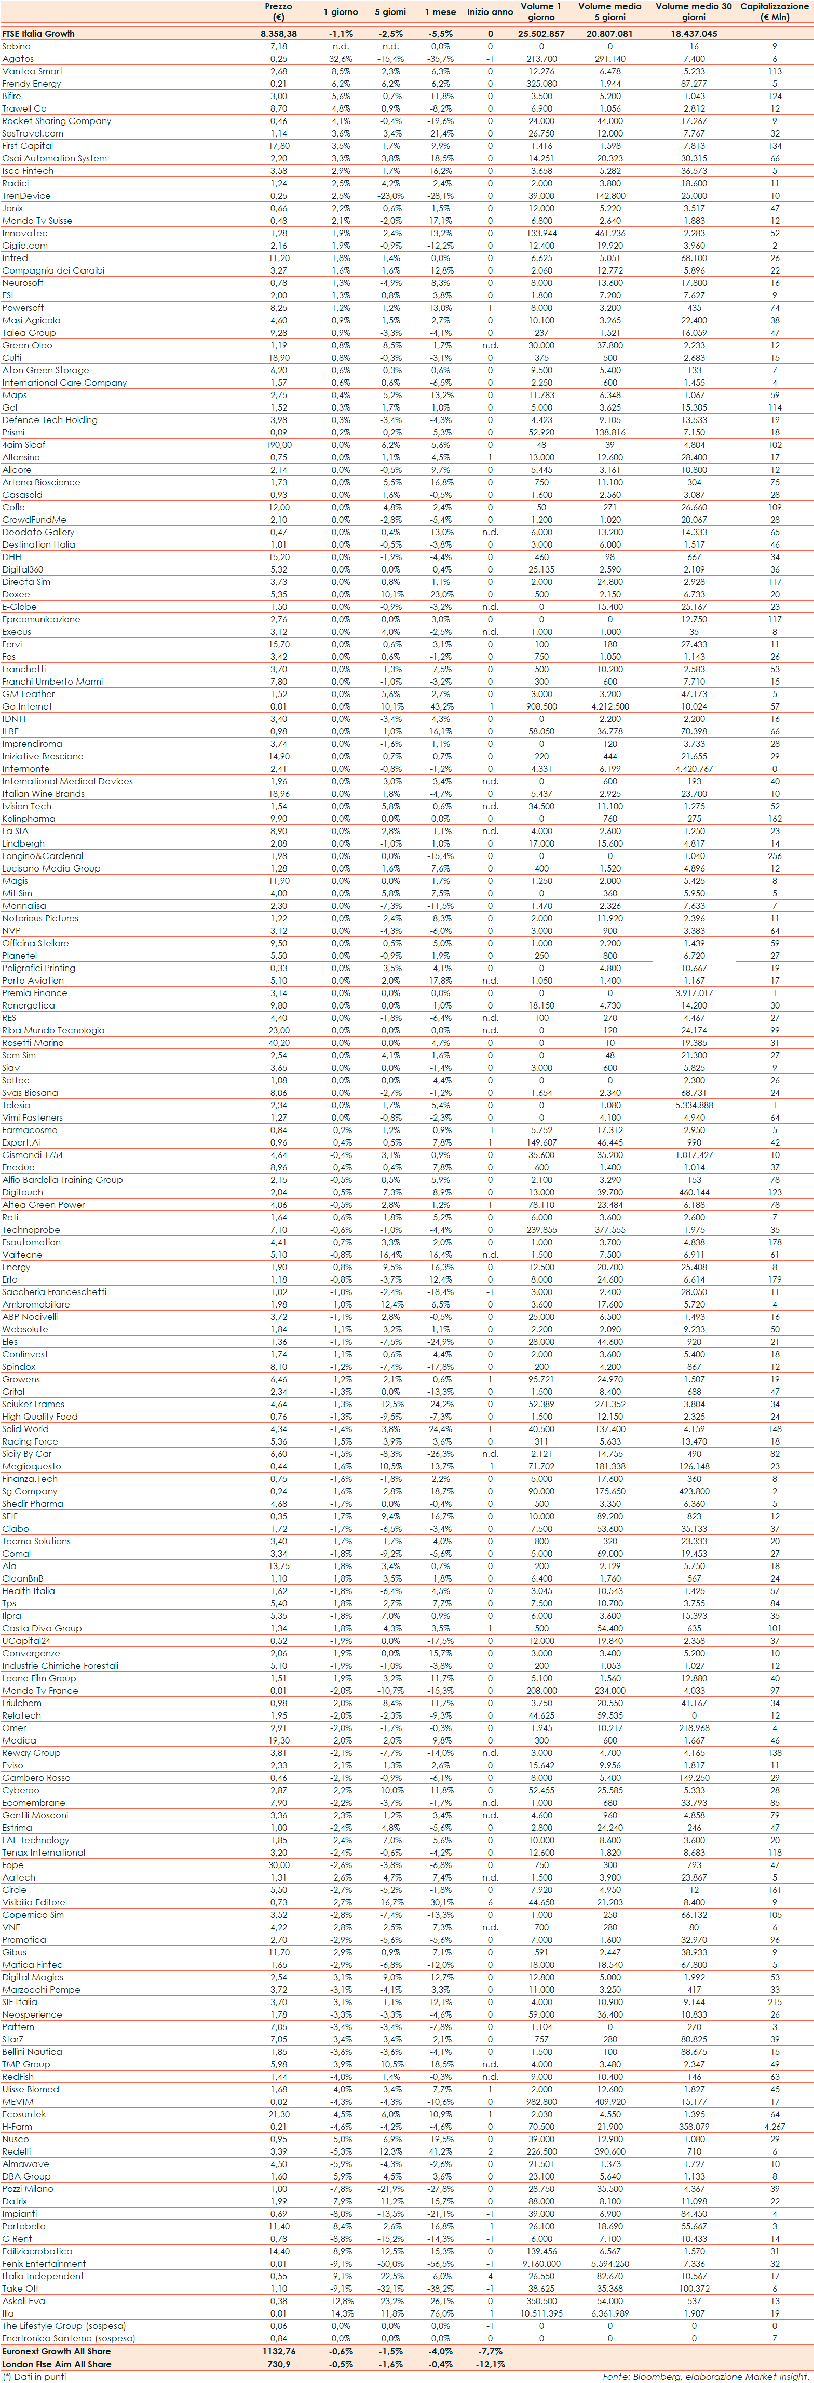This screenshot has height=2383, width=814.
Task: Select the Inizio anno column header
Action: [x=490, y=12]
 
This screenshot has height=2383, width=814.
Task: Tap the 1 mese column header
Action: [x=439, y=12]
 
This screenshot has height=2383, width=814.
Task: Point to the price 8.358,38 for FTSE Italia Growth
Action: [x=278, y=33]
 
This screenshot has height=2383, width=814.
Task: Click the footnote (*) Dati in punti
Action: [x=35, y=2377]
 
